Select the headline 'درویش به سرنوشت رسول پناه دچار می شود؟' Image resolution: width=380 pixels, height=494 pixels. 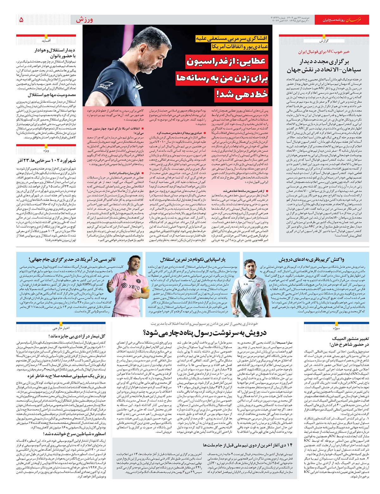(x=205, y=332)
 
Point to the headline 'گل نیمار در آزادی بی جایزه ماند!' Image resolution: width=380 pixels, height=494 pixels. (x=77, y=336)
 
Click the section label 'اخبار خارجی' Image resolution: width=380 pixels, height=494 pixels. (x=61, y=328)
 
